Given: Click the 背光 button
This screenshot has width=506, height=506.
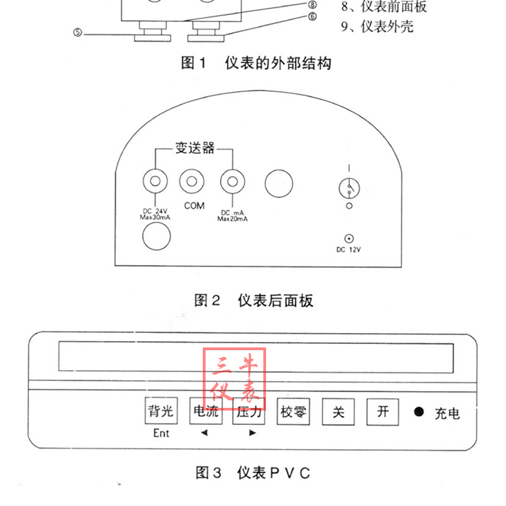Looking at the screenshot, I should (x=161, y=413).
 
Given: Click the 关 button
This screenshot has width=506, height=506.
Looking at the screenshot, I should (x=338, y=413).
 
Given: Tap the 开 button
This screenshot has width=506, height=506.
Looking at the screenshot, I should (x=382, y=412).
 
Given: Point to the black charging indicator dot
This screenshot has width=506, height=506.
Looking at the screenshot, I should (x=419, y=413).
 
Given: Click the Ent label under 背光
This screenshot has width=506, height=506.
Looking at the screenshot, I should (x=161, y=433).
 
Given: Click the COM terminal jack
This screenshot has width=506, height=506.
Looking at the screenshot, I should (x=192, y=182).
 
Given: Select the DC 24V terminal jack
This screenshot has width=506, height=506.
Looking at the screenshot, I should (x=154, y=182).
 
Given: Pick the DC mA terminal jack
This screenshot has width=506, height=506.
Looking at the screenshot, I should (x=233, y=182).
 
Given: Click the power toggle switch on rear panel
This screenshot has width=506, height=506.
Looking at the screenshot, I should (x=349, y=187).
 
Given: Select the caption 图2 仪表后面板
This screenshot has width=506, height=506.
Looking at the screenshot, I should (x=253, y=300).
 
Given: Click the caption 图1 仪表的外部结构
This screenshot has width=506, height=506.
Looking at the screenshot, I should (x=255, y=63).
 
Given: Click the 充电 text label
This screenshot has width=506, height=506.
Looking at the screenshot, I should (x=447, y=413).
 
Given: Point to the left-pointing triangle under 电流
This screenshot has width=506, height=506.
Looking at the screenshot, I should (x=203, y=433).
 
